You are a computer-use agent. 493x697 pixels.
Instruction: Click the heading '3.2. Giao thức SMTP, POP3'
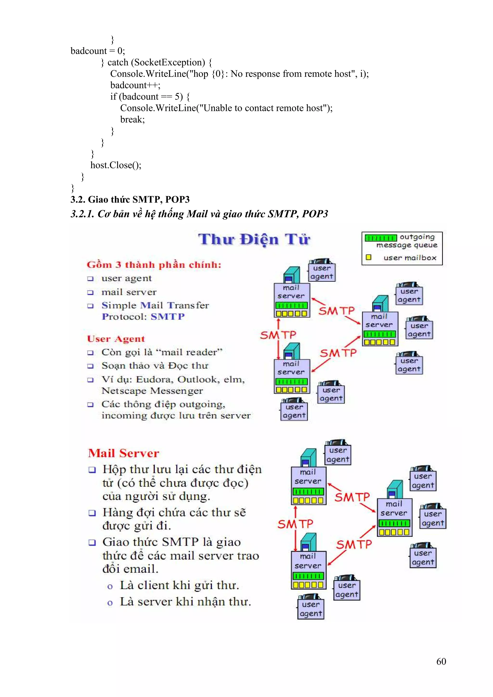tap(130, 199)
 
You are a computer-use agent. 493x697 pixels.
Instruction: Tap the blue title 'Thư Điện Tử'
tap(254, 239)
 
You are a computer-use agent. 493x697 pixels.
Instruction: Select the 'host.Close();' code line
tap(116, 165)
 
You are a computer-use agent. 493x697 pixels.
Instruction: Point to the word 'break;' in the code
tap(132, 120)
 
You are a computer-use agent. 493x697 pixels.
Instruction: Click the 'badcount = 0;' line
tap(97, 51)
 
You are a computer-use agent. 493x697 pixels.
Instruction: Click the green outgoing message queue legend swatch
tap(381, 238)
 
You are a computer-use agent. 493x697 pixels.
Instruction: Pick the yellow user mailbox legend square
tap(369, 257)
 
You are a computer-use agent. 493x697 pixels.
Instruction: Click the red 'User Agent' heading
tap(116, 339)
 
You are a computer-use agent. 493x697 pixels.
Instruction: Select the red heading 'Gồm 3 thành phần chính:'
tap(154, 265)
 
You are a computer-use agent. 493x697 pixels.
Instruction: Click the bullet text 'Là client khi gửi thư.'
tap(179, 585)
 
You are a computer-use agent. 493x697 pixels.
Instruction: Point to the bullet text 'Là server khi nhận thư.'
tap(185, 602)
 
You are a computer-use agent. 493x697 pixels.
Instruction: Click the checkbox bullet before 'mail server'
tap(90, 292)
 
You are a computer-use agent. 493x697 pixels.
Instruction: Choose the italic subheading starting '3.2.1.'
tap(199, 214)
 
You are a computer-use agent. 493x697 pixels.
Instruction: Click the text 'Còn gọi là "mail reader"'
tap(162, 352)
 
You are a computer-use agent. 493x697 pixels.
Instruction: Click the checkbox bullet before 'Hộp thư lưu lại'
tap(92, 470)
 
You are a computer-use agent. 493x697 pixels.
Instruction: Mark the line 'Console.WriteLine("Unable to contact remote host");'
tap(226, 108)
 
